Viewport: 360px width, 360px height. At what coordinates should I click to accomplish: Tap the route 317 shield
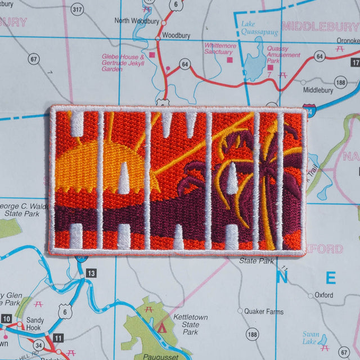pyautogui.click(x=77, y=9)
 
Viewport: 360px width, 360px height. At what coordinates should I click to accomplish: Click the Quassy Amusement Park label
pyautogui.click(x=284, y=55)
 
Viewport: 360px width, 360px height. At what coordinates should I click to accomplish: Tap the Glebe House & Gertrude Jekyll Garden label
pyautogui.click(x=123, y=63)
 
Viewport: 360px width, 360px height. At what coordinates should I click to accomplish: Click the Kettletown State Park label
pyautogui.click(x=190, y=325)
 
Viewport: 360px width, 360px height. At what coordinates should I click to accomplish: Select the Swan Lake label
pyautogui.click(x=310, y=337)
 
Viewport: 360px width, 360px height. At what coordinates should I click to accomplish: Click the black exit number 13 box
pyautogui.click(x=91, y=273)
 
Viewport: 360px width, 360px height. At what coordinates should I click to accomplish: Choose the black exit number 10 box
pyautogui.click(x=6, y=319)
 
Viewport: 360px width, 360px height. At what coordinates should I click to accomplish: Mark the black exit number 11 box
pyautogui.click(x=58, y=338)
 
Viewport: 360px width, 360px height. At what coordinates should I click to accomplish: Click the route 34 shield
pyautogui.click(x=38, y=344)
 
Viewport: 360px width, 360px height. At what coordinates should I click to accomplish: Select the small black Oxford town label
pyautogui.click(x=323, y=295)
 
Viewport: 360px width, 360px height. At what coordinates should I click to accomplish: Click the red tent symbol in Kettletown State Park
pyautogui.click(x=164, y=326)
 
